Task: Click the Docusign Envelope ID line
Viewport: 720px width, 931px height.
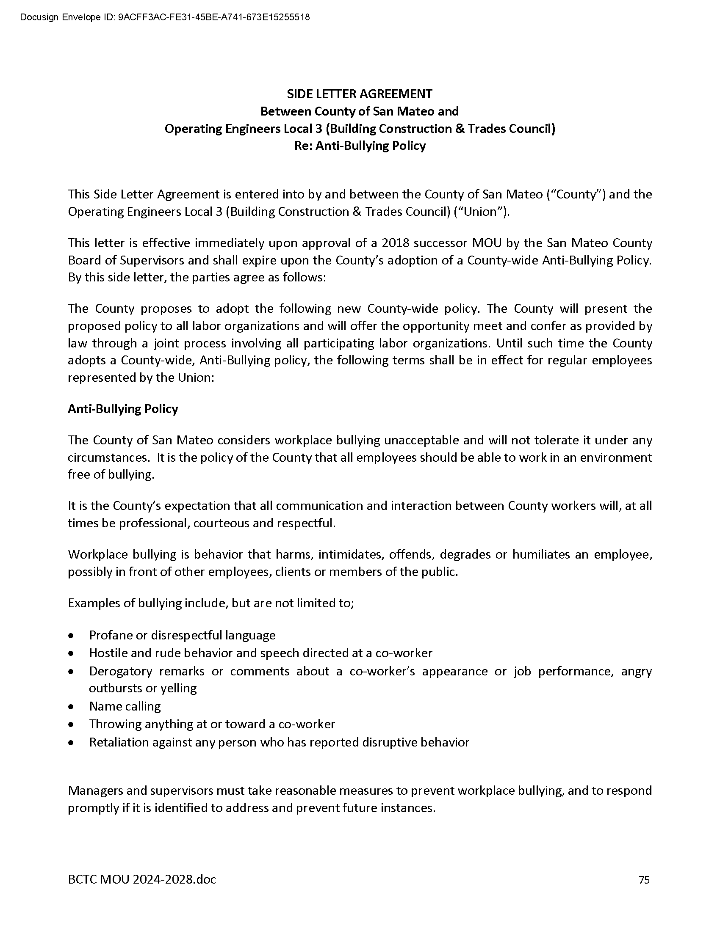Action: [x=165, y=17]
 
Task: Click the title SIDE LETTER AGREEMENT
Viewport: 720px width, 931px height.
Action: [x=360, y=94]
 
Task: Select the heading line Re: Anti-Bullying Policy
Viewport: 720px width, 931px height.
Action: [x=360, y=146]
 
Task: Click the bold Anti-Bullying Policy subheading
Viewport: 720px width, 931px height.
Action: [x=123, y=409]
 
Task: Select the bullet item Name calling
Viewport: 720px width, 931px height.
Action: [x=125, y=706]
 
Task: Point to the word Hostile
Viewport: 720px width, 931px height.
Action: [x=105, y=653]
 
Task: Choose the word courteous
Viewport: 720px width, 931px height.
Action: [x=221, y=523]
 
